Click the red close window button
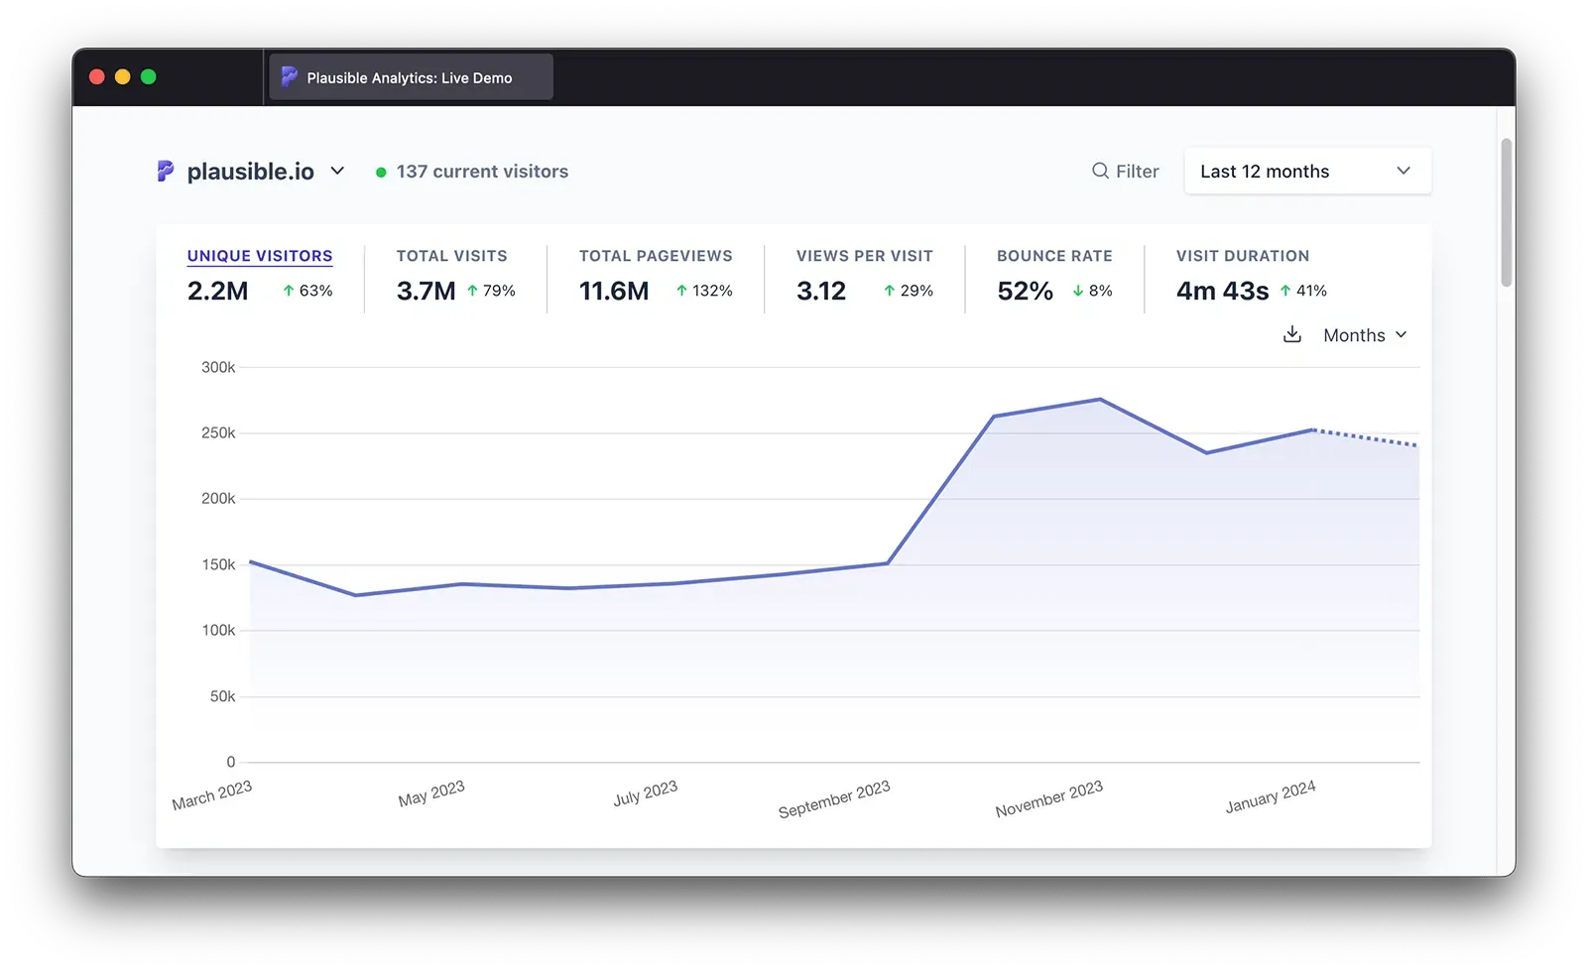97,77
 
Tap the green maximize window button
149,77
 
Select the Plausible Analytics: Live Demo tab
410,77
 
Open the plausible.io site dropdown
252,172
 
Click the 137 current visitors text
482,172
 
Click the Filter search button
1126,172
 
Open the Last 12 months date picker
1306,172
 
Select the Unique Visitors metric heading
260,256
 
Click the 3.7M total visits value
426,291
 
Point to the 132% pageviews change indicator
705,291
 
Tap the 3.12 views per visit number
821,291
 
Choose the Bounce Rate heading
1054,256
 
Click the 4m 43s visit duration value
1222,291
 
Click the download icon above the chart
1291,335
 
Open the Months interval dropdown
1365,335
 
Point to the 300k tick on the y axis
218,367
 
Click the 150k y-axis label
218,564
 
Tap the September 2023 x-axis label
834,799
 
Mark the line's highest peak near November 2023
1100,400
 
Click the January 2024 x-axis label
1271,797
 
